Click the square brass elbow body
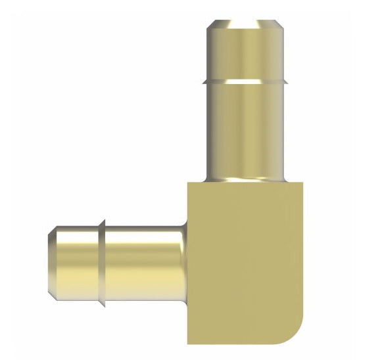pos(247,263)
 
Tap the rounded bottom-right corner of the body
pos(295,332)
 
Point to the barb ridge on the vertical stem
pos(247,81)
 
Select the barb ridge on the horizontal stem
pos(102,263)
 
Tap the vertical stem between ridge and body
pos(247,131)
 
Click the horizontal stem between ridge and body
pos(145,263)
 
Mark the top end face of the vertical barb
pos(247,22)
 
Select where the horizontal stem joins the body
pos(187,263)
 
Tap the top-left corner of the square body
pos(189,184)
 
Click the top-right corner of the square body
pos(304,184)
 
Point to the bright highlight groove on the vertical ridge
pos(247,83)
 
